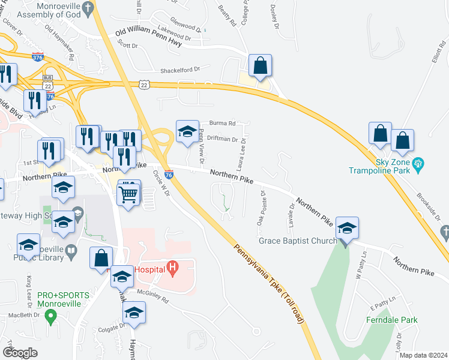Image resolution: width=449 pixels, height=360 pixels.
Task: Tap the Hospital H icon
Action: point(173,268)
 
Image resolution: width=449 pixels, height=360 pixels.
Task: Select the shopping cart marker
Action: point(129,193)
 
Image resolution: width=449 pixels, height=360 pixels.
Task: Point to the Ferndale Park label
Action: point(392,320)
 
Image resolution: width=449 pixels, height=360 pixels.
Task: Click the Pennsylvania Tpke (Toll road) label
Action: point(270,283)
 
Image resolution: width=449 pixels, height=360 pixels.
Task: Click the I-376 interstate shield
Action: point(37,57)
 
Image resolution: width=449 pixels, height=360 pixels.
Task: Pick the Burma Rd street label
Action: point(222,123)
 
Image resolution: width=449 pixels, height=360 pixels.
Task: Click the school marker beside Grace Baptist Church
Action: point(347,229)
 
